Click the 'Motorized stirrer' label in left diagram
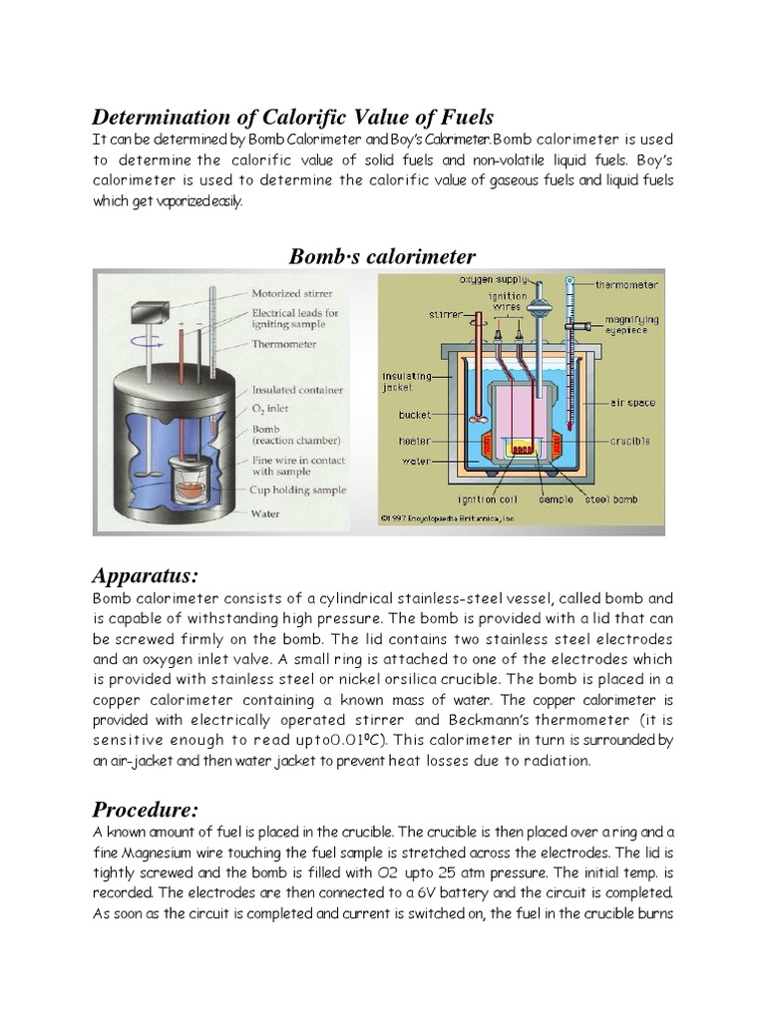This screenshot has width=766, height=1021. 292,293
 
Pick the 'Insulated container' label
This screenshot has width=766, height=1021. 297,390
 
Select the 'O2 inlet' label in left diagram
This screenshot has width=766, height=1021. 274,409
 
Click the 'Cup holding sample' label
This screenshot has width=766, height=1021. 299,490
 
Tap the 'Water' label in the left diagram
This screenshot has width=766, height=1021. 265,513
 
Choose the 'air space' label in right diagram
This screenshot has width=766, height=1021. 632,403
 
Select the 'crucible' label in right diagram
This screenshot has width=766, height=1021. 628,440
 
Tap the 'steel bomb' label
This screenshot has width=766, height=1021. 610,499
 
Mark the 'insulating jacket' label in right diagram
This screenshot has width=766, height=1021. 405,382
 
